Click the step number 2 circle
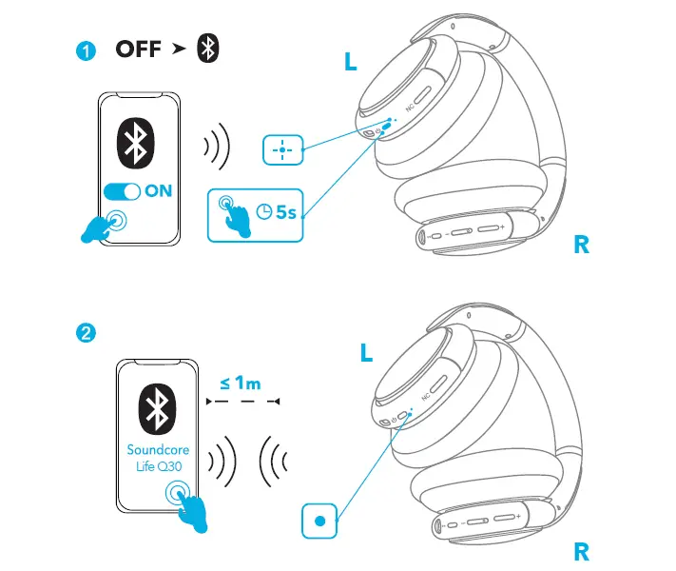[x=87, y=333]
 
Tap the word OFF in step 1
[x=139, y=50]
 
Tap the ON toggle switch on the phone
[x=122, y=191]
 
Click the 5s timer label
[x=284, y=210]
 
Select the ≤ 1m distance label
[x=241, y=384]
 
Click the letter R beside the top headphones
[x=582, y=245]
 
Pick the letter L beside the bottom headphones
[x=368, y=354]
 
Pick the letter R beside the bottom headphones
[x=582, y=551]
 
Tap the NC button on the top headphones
[x=410, y=108]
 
